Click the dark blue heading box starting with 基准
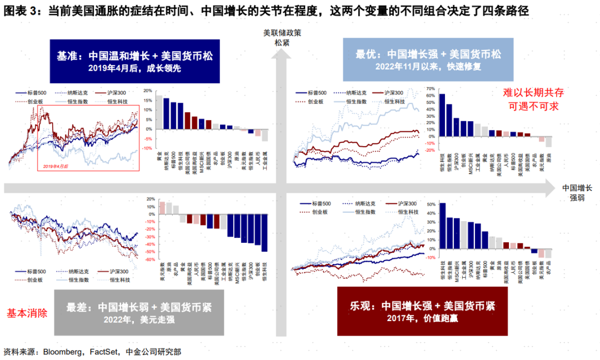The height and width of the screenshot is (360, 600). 135,61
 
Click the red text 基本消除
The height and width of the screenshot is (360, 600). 27,313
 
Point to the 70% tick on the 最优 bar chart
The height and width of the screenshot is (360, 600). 429,88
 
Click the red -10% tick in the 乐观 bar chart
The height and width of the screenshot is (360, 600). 430,257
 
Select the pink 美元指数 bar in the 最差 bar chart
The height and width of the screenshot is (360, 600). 162,207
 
